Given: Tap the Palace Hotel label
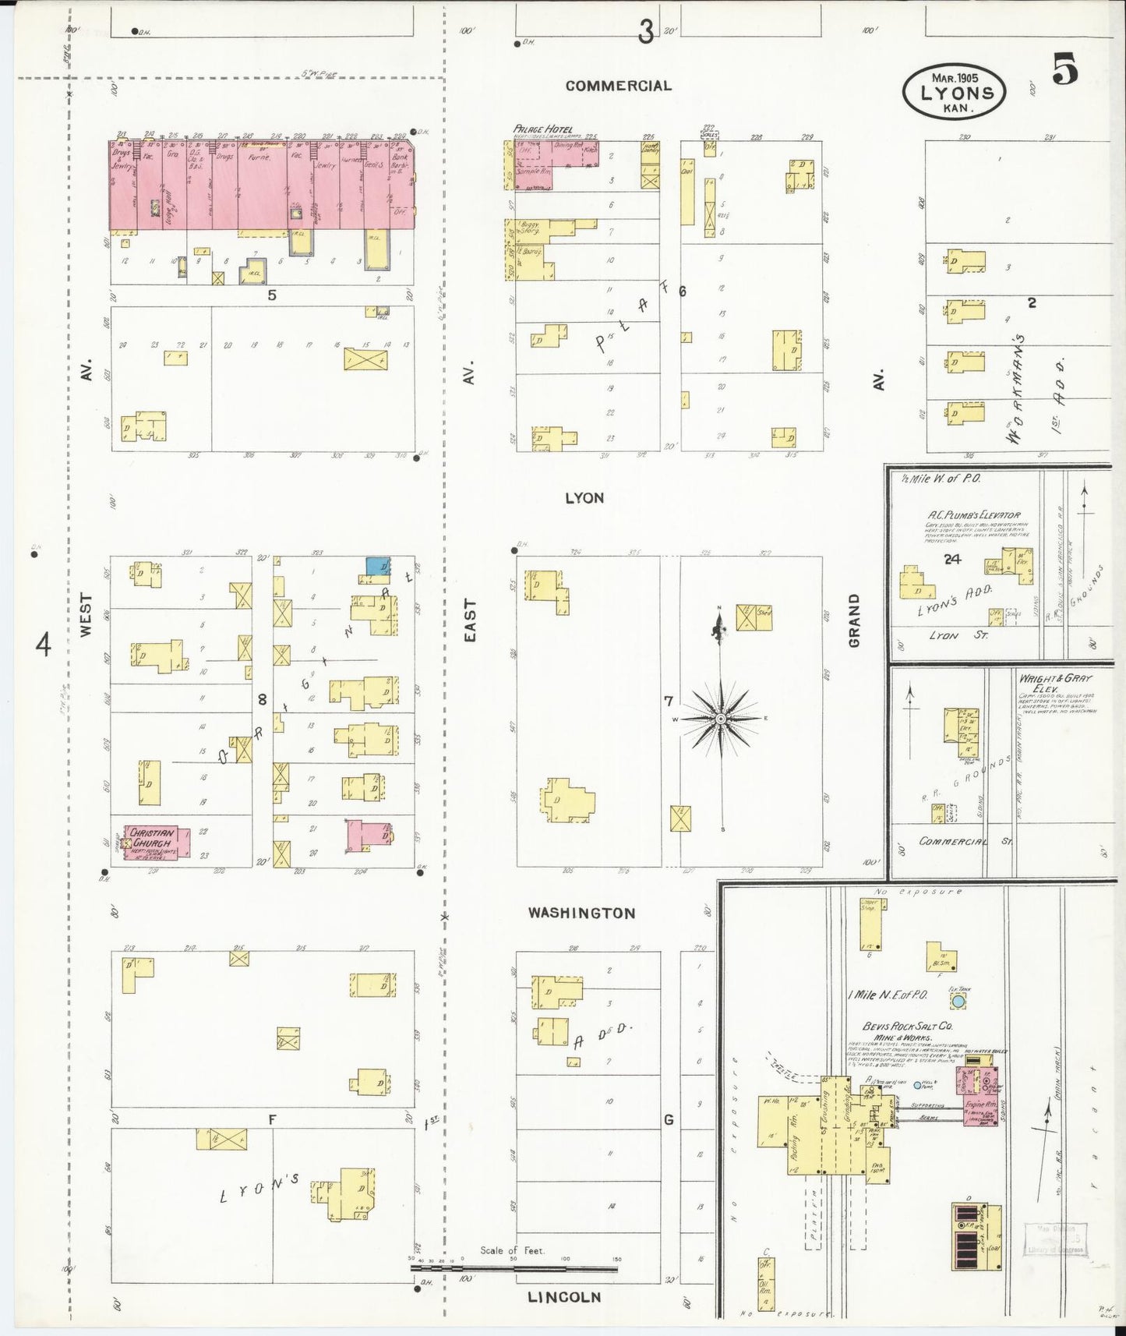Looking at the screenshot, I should coord(543,129).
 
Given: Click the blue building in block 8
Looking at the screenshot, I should coord(378,566).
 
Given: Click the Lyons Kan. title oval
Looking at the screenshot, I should coord(954,92).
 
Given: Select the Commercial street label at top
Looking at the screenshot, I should coord(618,86).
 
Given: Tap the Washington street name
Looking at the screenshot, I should coord(581,913).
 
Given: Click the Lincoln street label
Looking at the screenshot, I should coord(564,1297).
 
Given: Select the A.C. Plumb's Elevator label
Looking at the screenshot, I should coord(973,515).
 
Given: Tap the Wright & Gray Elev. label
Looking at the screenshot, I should coord(1055,683).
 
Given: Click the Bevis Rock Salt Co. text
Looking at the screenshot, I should coord(907,1027).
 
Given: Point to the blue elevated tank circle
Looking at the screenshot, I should coord(958,1001).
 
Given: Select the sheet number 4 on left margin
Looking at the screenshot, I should coord(44,645).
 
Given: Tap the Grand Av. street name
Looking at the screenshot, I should coord(855,620).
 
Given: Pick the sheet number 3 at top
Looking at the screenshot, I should coord(645,33).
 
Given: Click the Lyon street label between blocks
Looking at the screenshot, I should coord(584,498).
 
